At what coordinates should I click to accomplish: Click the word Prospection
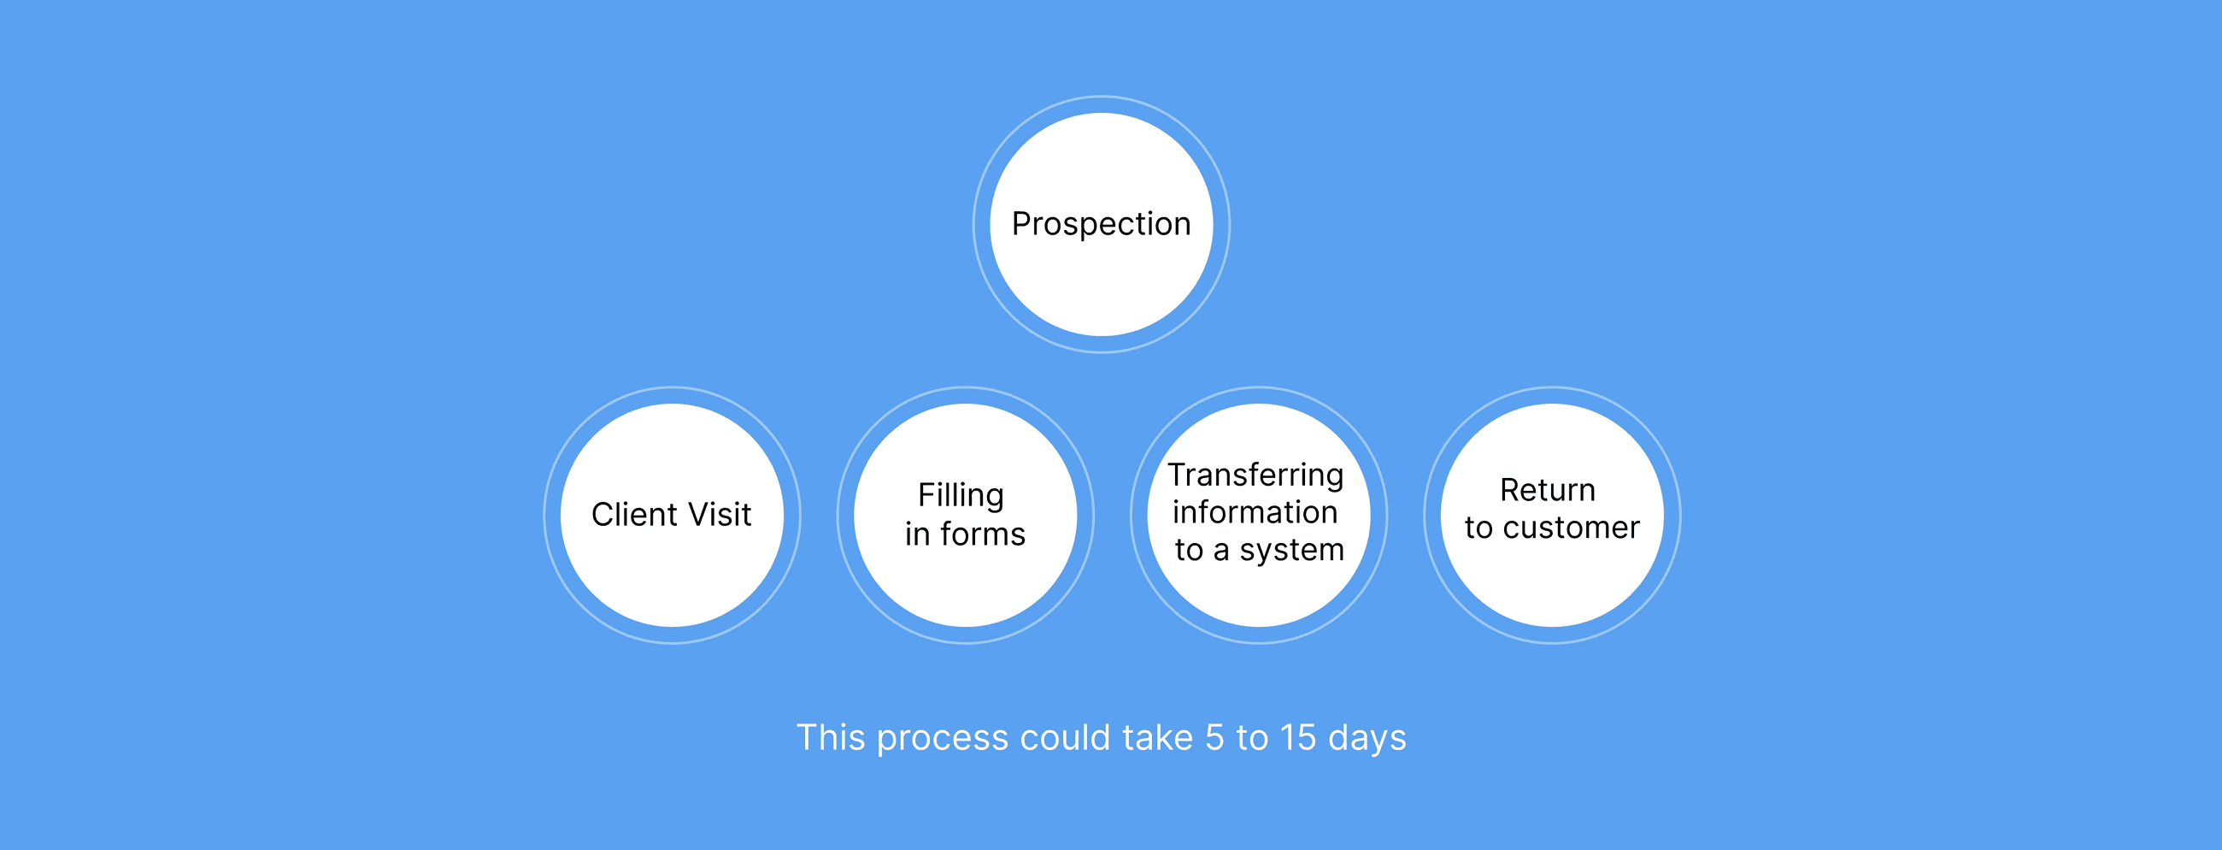(1101, 224)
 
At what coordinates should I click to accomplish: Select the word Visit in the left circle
(719, 515)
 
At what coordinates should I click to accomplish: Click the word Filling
(961, 496)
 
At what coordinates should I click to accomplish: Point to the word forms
(983, 535)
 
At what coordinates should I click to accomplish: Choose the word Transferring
(1256, 475)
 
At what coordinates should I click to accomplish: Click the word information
(1255, 512)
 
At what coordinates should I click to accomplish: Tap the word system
(1291, 551)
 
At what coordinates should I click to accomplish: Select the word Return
(1548, 490)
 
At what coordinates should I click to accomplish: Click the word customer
(1571, 528)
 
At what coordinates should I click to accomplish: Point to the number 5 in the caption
(1214, 738)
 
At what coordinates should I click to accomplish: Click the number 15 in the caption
(1298, 738)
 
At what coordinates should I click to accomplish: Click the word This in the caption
(830, 738)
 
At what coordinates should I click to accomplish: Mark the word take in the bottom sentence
(1158, 738)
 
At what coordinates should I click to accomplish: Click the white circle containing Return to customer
(1552, 587)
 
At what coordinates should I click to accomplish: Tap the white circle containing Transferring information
(1259, 595)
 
